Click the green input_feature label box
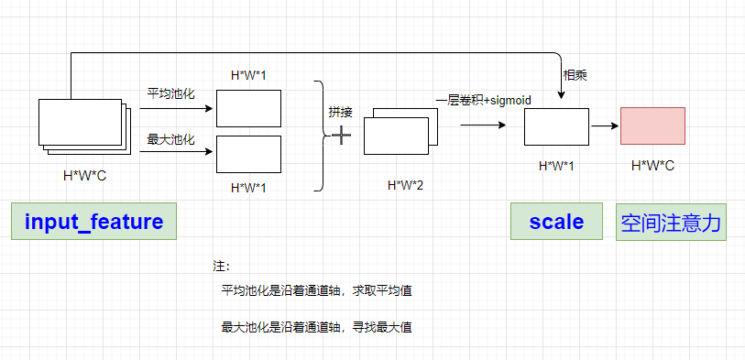93,222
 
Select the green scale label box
556,222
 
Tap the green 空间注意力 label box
671,222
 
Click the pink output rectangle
652,125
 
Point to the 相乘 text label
575,75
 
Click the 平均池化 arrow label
171,93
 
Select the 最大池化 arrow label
171,139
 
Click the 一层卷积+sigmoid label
484,99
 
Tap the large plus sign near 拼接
341,136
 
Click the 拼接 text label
340,112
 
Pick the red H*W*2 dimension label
405,185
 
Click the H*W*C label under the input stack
84,175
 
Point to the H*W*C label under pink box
652,166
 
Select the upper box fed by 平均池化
248,108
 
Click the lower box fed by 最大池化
248,154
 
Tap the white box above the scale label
556,125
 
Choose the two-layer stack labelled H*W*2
400,132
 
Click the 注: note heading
221,267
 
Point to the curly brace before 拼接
321,136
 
